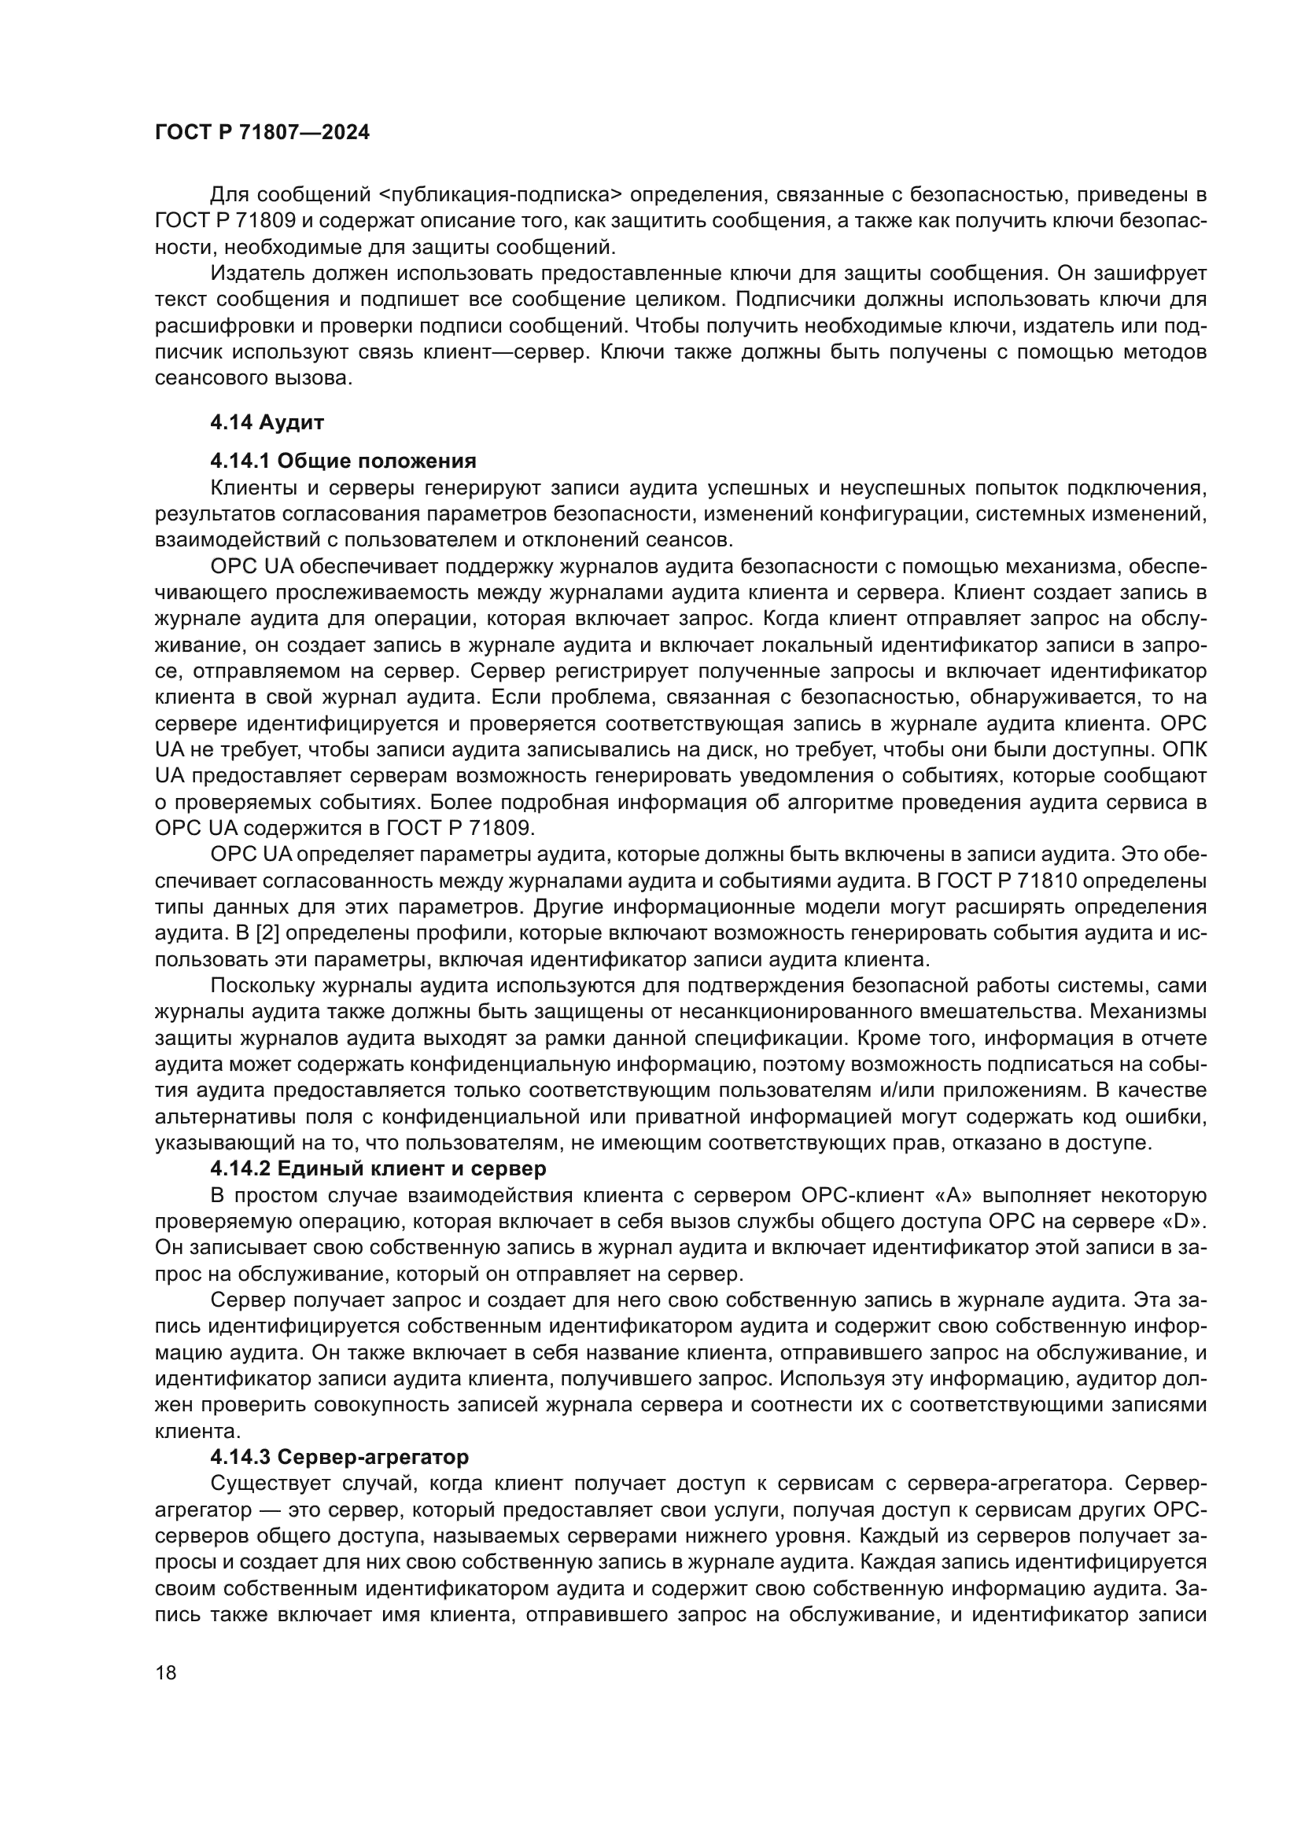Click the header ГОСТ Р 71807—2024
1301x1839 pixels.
coord(262,133)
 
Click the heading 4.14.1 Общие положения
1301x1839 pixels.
coord(343,461)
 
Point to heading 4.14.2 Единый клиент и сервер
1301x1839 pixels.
coord(378,1168)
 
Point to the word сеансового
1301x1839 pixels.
coord(211,379)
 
